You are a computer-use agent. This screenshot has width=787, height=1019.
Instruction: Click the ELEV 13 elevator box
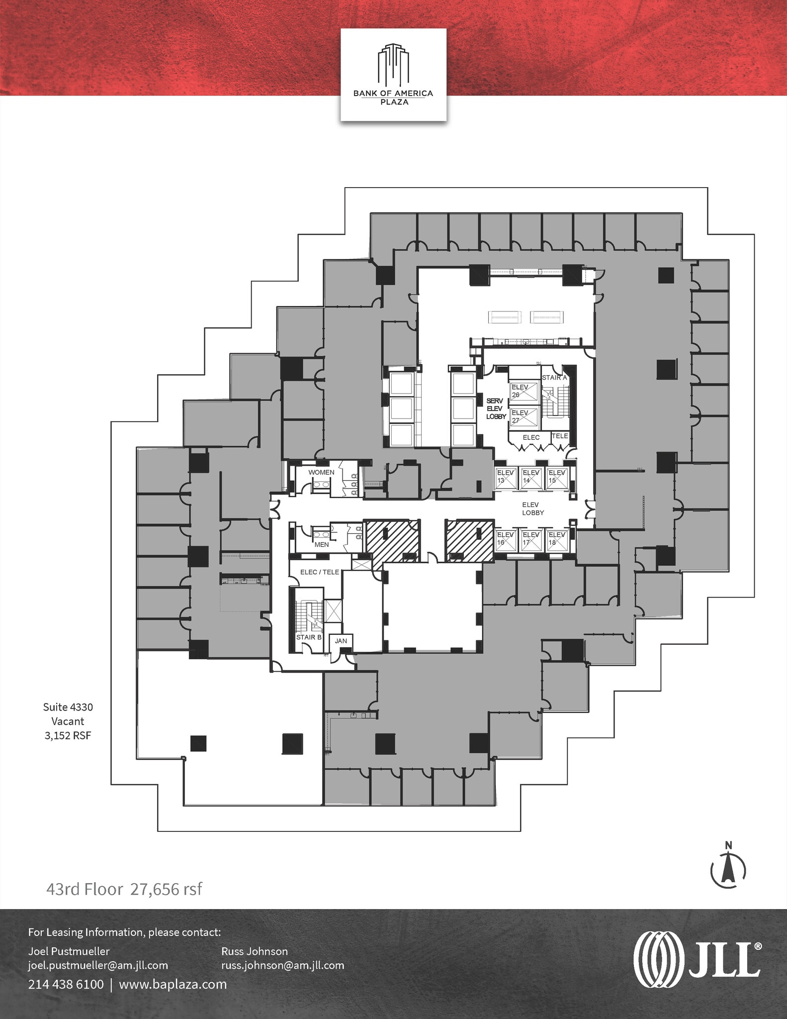(506, 477)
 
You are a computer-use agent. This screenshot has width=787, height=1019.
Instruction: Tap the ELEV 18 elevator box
(557, 539)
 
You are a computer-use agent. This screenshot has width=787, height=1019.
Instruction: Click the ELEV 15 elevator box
(557, 477)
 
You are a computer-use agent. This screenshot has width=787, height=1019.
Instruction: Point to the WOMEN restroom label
(321, 472)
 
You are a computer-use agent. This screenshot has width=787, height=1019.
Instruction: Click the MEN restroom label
(322, 545)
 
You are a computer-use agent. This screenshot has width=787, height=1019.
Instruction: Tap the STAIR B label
(309, 637)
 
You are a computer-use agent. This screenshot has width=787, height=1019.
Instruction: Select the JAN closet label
(341, 641)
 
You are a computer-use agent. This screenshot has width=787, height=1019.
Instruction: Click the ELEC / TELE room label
(320, 572)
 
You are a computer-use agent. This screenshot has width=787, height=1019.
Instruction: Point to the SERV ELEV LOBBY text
(496, 408)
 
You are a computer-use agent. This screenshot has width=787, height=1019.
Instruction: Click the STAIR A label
(554, 378)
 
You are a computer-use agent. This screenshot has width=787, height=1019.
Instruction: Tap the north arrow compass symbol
(728, 870)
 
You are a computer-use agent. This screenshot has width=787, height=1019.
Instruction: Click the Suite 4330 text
(68, 707)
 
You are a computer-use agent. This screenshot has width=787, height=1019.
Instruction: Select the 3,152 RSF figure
(68, 736)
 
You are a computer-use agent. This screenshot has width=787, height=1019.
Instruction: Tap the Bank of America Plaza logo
(393, 75)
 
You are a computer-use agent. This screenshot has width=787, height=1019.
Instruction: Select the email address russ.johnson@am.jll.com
(282, 965)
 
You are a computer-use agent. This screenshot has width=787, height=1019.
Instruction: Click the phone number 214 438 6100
(66, 984)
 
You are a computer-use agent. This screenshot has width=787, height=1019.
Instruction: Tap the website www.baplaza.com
(173, 984)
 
